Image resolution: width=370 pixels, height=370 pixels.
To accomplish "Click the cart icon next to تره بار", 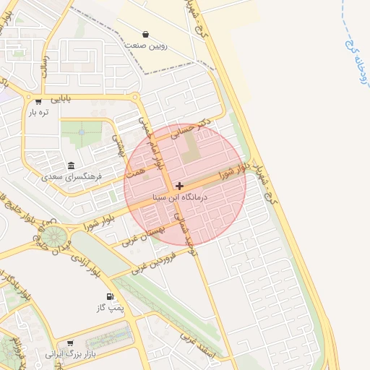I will pyautogui.click(x=38, y=101).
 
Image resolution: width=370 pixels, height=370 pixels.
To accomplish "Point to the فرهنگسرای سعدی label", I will pyautogui.click(x=72, y=176).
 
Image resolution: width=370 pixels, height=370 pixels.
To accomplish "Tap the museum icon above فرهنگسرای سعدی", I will pyautogui.click(x=71, y=165).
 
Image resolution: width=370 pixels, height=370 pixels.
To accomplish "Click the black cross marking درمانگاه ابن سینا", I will pyautogui.click(x=179, y=186).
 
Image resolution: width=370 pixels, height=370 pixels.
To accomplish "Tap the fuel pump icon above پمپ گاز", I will pyautogui.click(x=110, y=296).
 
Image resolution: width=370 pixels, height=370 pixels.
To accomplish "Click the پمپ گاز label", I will pyautogui.click(x=111, y=308).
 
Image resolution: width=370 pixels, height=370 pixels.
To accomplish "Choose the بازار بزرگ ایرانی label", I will pyautogui.click(x=70, y=354).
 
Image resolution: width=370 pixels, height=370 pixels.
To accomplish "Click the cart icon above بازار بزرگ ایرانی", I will pyautogui.click(x=70, y=343).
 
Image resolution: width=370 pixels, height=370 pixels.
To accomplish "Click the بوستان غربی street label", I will pyautogui.click(x=144, y=234).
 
